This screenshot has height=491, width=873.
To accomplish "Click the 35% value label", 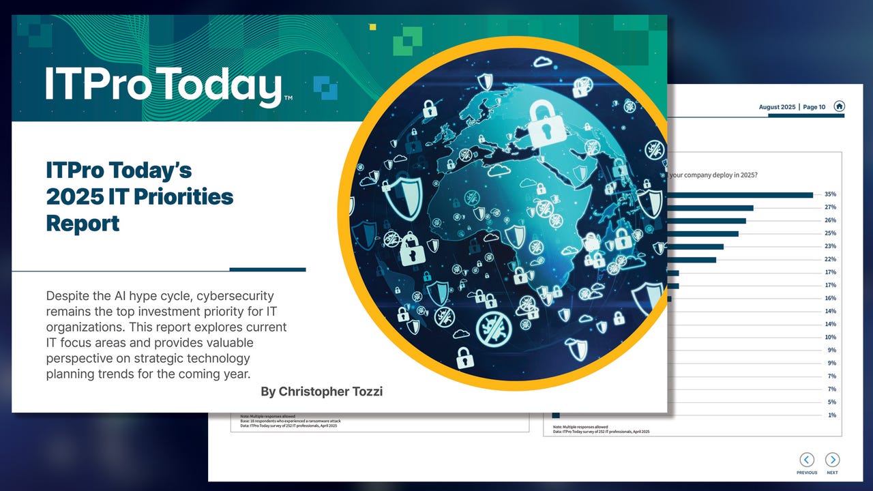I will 830,194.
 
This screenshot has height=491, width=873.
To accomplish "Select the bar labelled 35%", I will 740,195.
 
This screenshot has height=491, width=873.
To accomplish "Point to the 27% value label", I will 830,207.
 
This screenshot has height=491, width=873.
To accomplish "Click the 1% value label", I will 831,415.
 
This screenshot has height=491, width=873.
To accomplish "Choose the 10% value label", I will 830,338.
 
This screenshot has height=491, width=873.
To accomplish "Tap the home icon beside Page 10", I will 840,106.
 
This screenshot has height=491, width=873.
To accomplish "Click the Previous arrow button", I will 807,460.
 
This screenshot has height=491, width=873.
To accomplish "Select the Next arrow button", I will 832,460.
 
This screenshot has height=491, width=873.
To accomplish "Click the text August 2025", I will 777,107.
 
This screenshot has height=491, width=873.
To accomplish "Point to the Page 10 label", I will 814,107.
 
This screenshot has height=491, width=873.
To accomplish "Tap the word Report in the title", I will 83,223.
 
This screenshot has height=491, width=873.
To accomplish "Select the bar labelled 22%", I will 692,260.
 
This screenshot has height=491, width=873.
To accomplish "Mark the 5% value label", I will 831,402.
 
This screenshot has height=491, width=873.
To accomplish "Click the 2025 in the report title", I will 76,197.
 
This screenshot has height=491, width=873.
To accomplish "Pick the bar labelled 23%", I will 695,247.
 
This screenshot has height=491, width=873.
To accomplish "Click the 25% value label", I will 830,234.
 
